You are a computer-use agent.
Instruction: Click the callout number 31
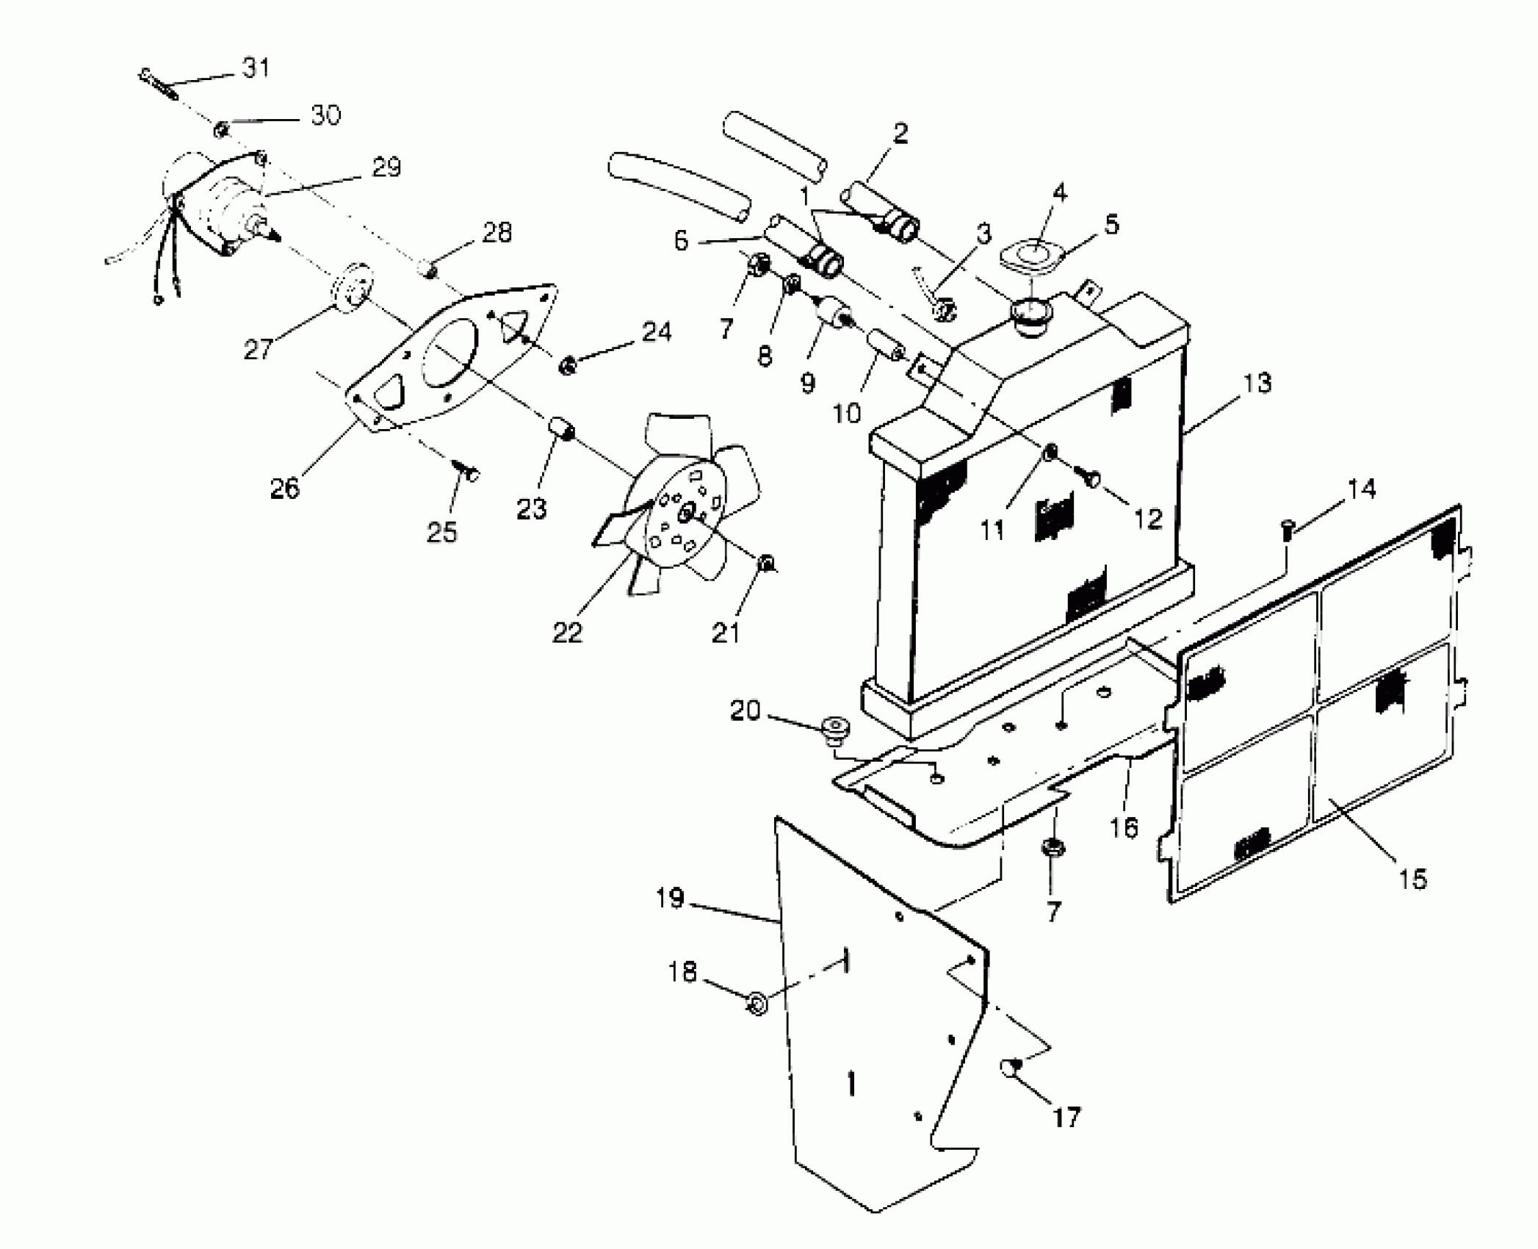tap(256, 68)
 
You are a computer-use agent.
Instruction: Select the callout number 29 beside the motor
tap(386, 168)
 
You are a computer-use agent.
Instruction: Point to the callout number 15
tap(1412, 878)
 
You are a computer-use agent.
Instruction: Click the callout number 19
tap(670, 898)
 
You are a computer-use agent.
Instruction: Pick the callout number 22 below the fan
tap(567, 632)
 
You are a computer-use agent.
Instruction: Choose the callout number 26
tap(285, 488)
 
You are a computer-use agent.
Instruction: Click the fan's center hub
tap(686, 514)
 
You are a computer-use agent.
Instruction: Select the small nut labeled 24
tap(567, 364)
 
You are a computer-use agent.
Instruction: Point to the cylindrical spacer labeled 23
tap(560, 430)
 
